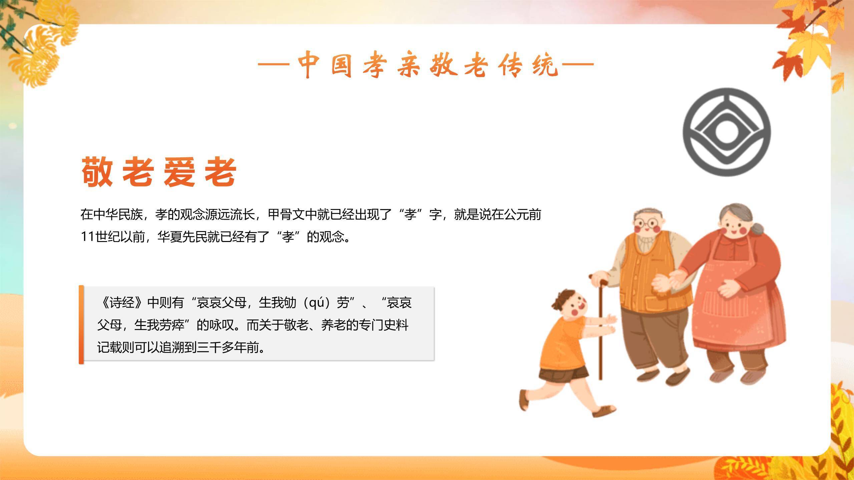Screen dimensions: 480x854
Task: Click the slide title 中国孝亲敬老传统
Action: (x=425, y=66)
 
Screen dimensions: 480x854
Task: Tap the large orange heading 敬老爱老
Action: (x=159, y=172)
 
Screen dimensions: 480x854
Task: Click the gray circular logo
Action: (x=727, y=132)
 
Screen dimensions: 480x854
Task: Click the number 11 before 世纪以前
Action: (x=88, y=237)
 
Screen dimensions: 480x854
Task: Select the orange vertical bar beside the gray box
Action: (x=81, y=324)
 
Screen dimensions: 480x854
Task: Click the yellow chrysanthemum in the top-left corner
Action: (x=47, y=50)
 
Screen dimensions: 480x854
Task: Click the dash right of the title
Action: (x=578, y=64)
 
